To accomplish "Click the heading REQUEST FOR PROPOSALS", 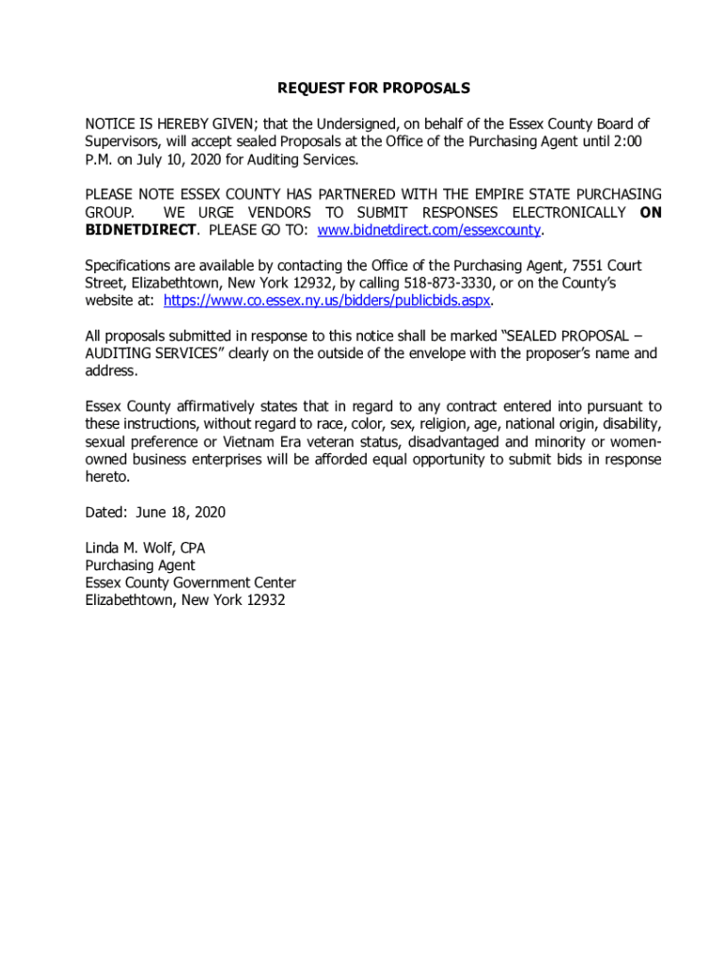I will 373,89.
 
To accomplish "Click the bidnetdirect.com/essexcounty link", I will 430,230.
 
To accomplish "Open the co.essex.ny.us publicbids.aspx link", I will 327,301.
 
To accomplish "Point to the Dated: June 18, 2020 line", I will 156,513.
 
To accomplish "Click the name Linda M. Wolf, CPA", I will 145,548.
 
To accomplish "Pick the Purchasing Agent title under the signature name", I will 140,565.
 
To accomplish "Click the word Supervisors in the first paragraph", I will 123,141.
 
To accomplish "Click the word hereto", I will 107,477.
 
